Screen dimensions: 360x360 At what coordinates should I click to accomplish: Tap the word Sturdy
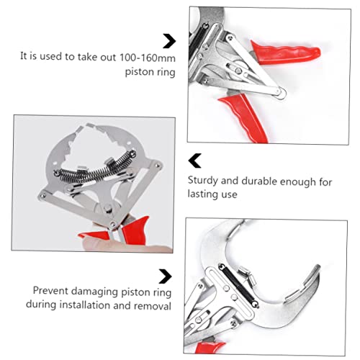coord(204,182)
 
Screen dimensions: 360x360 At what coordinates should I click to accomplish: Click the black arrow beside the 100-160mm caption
coord(169,40)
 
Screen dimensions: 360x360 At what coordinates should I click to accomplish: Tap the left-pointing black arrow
coord(194,160)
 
